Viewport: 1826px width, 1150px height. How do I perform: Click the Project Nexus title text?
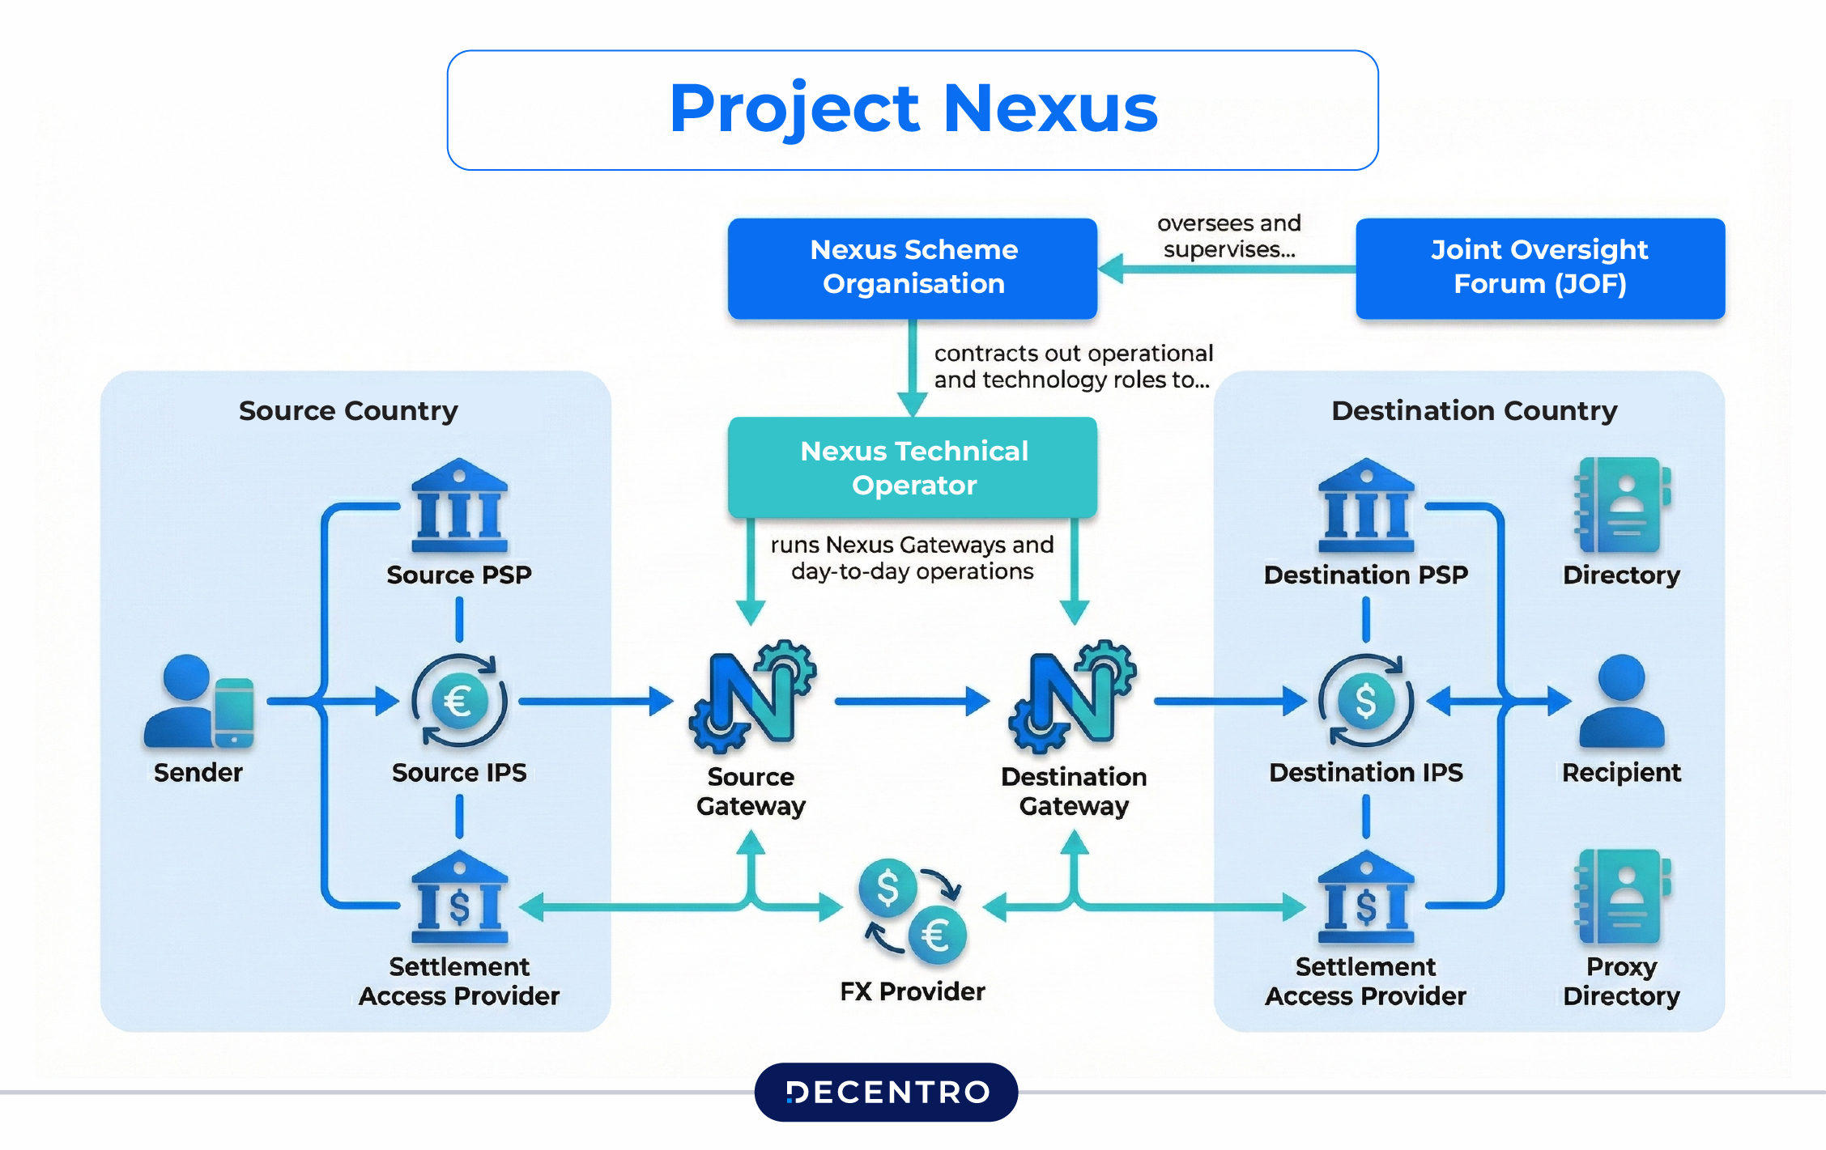[x=913, y=108]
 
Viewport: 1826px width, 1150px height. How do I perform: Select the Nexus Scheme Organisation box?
[x=913, y=268]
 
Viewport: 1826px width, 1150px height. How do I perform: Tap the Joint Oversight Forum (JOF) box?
[x=1539, y=268]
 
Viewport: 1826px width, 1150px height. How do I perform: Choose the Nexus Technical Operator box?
[x=913, y=468]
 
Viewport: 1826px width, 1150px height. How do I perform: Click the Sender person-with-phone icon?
[x=198, y=702]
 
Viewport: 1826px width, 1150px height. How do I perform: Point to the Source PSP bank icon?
[x=459, y=506]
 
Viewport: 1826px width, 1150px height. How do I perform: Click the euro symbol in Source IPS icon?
[x=458, y=701]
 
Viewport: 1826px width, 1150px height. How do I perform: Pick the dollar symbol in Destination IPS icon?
[x=1366, y=701]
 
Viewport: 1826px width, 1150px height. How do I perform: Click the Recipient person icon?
[x=1621, y=701]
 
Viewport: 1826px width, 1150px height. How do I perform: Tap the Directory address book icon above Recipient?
[x=1621, y=506]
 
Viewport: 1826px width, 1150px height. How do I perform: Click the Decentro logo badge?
[x=886, y=1092]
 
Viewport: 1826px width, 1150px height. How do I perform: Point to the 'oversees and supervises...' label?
[x=1228, y=236]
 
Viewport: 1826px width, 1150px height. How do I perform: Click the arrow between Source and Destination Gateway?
[x=911, y=701]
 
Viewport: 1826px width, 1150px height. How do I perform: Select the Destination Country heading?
[x=1474, y=411]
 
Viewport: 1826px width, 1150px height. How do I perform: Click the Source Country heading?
[x=348, y=411]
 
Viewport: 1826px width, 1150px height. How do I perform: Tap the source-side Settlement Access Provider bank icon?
[x=459, y=898]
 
